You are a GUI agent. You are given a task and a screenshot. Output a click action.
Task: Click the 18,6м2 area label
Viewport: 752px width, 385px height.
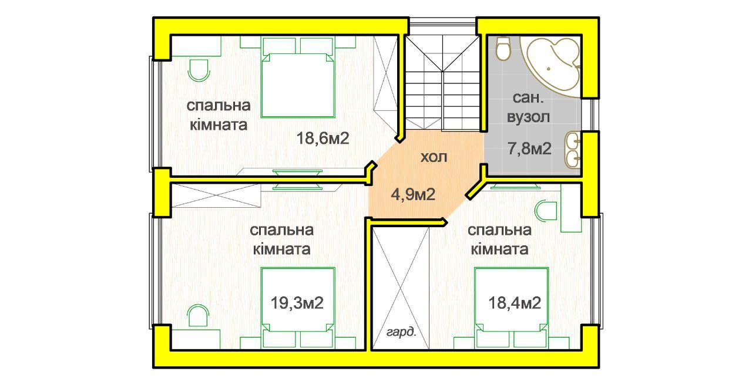coord(323,139)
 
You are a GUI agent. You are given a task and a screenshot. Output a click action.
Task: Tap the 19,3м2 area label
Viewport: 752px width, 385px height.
coord(297,303)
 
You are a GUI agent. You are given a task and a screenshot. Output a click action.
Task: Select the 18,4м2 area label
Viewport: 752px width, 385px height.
coord(515,303)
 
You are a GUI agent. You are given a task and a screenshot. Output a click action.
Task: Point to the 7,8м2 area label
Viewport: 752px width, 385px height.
coord(529,149)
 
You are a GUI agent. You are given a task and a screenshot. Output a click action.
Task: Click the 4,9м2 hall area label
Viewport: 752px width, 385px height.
coord(413,194)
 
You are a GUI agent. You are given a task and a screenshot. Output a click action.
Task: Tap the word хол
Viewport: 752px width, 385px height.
coord(434,157)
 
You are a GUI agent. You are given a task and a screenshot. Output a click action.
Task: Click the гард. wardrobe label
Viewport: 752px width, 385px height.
coord(401,332)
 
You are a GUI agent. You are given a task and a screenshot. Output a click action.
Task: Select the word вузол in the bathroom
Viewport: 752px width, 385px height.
coord(528,117)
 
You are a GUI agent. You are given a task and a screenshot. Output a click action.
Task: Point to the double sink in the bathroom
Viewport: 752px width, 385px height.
coord(573,150)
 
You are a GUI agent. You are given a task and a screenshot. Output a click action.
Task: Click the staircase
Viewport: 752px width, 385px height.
coord(443,83)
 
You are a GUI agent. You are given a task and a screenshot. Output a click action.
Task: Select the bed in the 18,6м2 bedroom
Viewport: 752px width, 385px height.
coord(298,77)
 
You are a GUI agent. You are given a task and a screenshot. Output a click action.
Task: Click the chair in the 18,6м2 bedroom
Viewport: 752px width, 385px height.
coord(199,70)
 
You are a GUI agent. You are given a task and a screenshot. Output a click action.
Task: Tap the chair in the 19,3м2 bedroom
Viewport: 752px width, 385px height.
coord(198,316)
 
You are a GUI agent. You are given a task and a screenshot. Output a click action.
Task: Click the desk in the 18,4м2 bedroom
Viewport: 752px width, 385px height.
coord(571,208)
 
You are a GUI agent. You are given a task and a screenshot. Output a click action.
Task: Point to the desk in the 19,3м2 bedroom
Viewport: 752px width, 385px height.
coord(196,339)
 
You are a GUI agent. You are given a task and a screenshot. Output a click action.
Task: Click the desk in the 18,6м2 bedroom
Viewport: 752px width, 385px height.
coord(196,46)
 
